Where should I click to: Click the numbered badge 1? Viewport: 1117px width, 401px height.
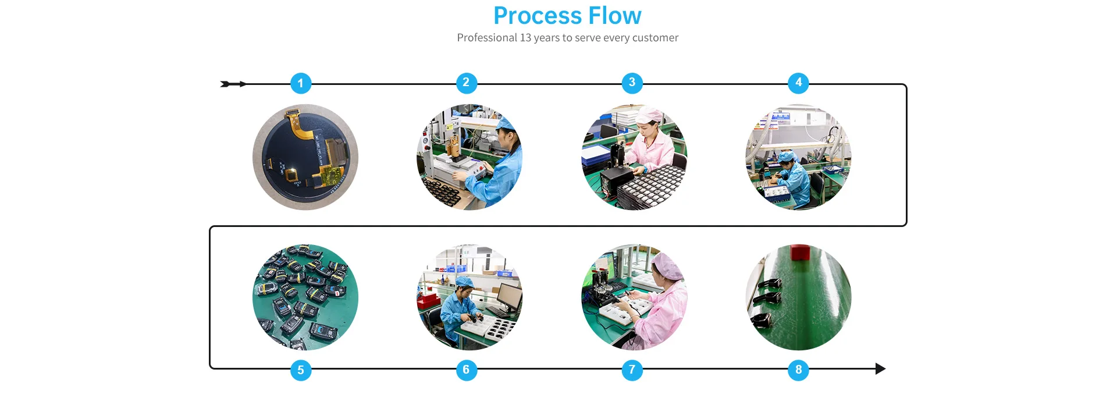(301, 83)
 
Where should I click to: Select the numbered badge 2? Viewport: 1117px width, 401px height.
(466, 83)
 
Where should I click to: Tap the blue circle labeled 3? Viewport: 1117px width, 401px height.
(632, 83)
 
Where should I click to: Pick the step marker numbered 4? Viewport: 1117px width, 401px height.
(798, 83)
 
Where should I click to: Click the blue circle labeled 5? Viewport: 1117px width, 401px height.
(301, 370)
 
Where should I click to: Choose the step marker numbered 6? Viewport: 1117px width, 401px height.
(466, 370)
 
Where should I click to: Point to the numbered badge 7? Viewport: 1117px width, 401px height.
(632, 370)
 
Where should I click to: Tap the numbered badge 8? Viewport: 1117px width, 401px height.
(798, 370)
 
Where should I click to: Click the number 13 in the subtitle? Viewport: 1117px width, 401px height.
(525, 38)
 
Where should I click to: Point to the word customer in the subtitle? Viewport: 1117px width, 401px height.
(655, 38)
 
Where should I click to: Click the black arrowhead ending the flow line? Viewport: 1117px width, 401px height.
(880, 368)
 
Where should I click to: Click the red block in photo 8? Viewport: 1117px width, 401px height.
(801, 252)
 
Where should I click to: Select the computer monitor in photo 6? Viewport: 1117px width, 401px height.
(508, 295)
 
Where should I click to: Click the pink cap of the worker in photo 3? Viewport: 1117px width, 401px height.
(649, 115)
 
